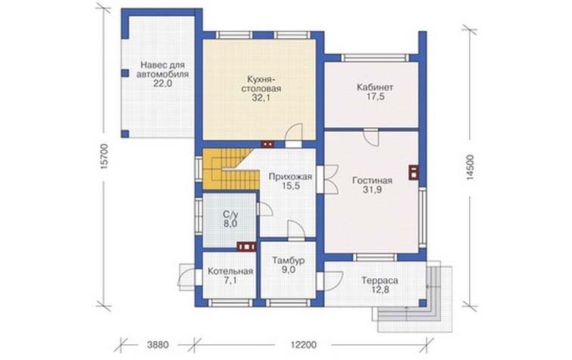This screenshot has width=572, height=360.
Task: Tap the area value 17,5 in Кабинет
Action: [375, 97]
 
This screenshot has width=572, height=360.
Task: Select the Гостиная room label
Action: [372, 180]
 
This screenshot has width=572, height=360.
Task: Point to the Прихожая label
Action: [290, 177]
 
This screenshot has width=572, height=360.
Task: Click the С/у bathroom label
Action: [230, 214]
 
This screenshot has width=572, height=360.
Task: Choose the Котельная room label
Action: [230, 271]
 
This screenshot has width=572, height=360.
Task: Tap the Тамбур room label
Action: [289, 261]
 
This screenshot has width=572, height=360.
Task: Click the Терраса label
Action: [380, 280]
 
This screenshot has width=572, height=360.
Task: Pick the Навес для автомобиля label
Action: [163, 70]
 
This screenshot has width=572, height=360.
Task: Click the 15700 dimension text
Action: [104, 157]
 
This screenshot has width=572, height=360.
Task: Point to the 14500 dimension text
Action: [470, 167]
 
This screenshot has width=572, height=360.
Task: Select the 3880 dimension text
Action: [158, 345]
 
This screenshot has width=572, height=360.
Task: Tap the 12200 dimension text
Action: [304, 345]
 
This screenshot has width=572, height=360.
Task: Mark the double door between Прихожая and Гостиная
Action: [331, 179]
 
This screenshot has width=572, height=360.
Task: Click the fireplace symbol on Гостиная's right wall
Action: [414, 173]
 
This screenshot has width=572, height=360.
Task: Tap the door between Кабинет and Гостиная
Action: [371, 137]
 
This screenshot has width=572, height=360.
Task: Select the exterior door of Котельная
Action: [186, 277]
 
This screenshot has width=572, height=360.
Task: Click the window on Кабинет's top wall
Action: [375, 58]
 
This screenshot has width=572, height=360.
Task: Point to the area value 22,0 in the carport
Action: [163, 83]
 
